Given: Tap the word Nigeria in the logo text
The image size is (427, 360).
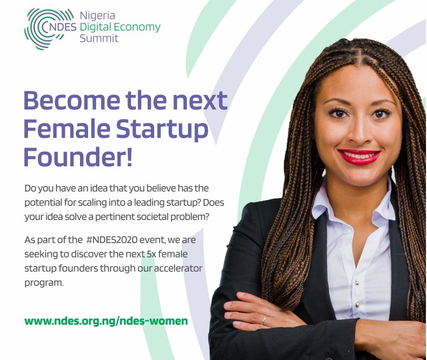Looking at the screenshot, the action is [x=98, y=16].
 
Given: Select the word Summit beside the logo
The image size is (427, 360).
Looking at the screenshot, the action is [x=99, y=38].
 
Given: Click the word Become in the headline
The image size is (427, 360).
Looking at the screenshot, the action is [x=72, y=100].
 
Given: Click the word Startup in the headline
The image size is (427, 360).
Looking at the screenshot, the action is [x=162, y=130].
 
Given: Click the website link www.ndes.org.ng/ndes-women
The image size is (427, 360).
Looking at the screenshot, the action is [x=106, y=321].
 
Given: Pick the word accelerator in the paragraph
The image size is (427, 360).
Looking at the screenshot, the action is [x=178, y=268].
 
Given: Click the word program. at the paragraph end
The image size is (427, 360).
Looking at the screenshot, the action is [x=44, y=283].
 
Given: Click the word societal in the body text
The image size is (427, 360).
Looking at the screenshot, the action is [x=155, y=217].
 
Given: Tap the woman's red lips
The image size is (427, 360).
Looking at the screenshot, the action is [x=359, y=157].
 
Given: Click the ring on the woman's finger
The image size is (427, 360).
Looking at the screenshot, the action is [x=264, y=320].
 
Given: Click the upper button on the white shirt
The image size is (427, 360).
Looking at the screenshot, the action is [x=357, y=283].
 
